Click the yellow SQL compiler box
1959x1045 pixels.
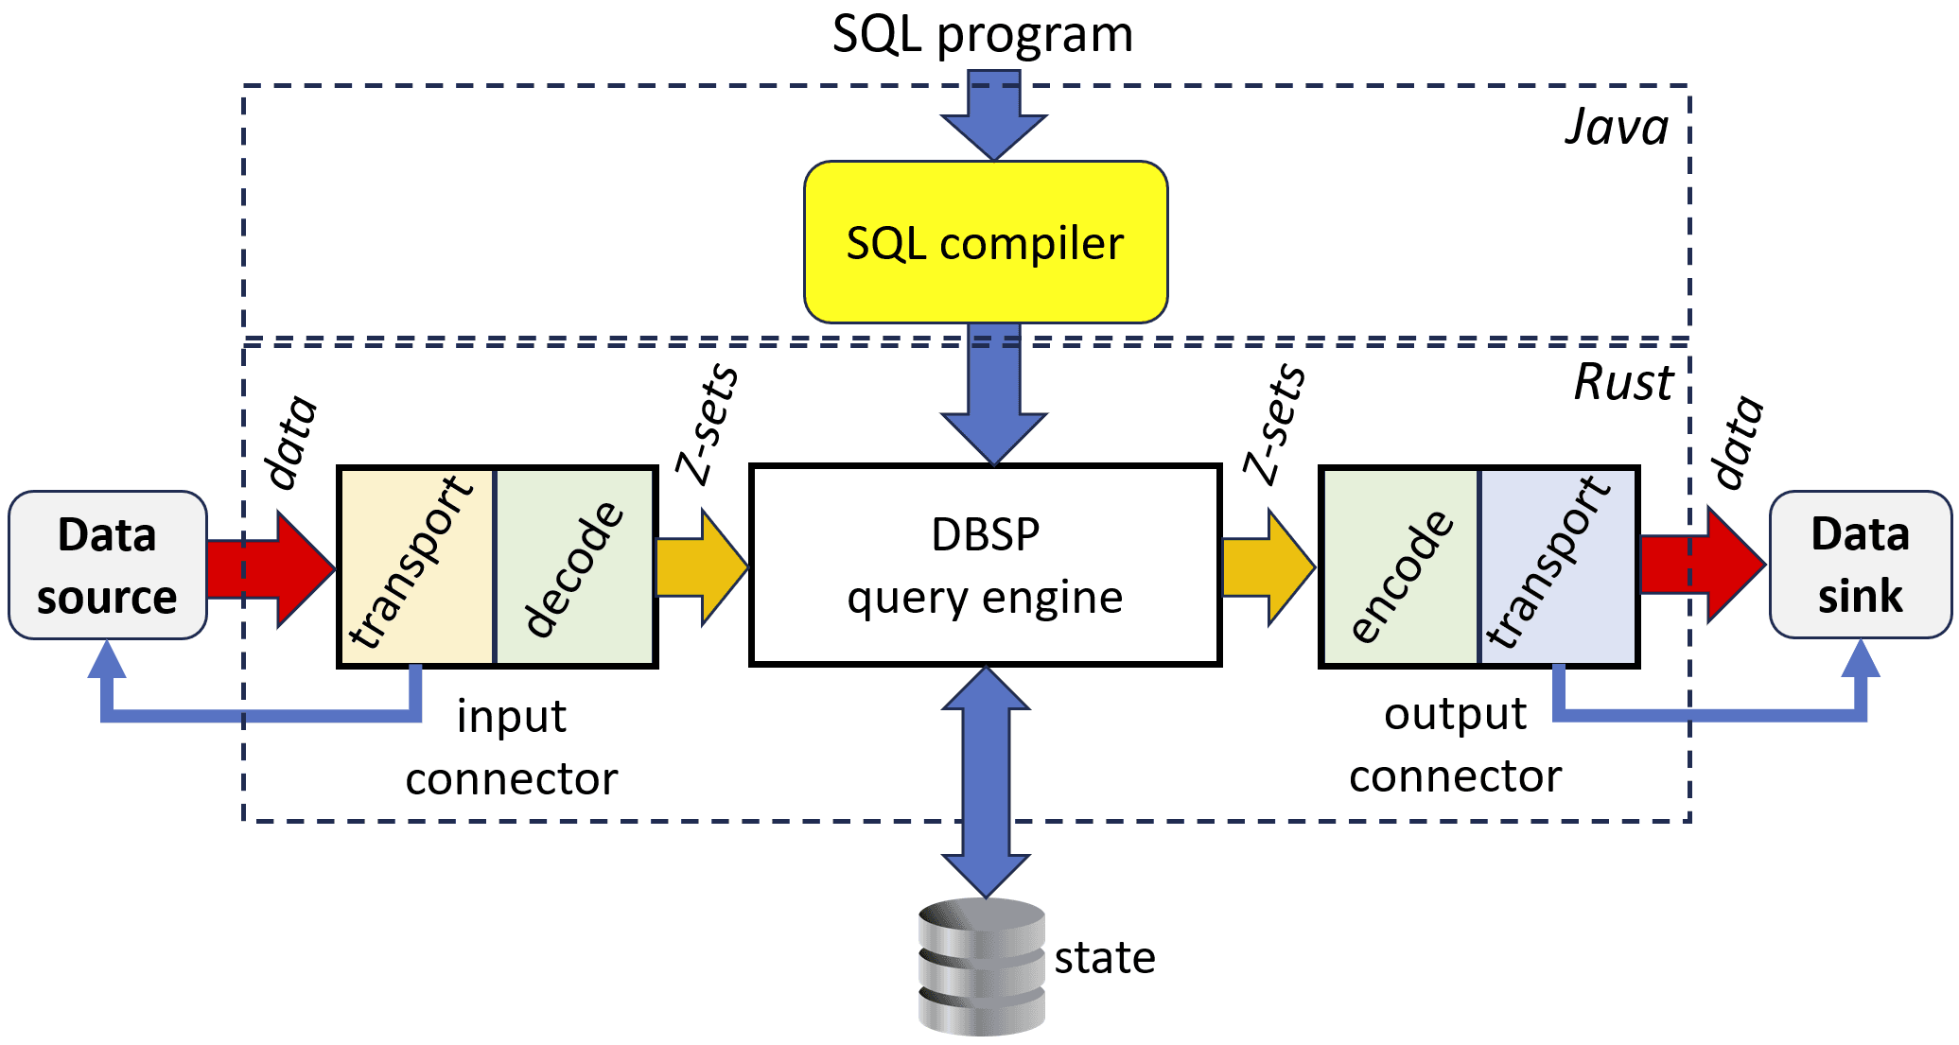pos(986,242)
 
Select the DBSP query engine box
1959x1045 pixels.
pos(985,565)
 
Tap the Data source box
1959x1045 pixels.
pos(107,565)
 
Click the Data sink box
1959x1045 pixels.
pos(1860,565)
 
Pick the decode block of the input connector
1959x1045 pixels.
pos(575,567)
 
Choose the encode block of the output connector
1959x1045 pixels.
pos(1400,567)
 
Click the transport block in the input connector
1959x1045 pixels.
pos(416,567)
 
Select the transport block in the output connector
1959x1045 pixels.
pos(1558,567)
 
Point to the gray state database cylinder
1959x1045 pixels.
pos(981,967)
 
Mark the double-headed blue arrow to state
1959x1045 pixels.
pos(986,782)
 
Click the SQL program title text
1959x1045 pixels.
pos(982,35)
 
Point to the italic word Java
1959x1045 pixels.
pos(1616,127)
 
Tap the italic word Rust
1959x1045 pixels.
pos(1623,382)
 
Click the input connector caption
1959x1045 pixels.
pos(511,747)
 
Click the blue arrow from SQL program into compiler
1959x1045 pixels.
pos(993,118)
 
